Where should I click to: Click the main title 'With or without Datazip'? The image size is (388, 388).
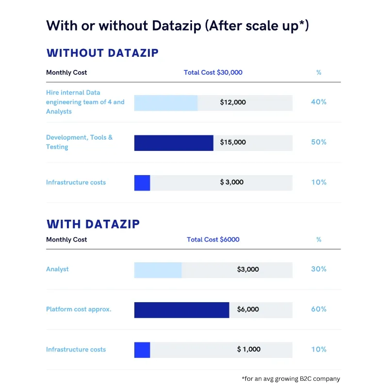[x=178, y=26]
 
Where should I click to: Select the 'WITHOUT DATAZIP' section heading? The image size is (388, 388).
[x=102, y=53]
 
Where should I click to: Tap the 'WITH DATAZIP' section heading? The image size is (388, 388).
[x=93, y=224]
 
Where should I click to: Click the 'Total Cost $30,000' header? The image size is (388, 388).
[x=213, y=73]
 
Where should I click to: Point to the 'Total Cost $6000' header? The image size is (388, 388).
[x=213, y=240]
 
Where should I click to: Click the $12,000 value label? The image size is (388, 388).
[x=233, y=102]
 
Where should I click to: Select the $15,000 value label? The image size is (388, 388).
[x=233, y=143]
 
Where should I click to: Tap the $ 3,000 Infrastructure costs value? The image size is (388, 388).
[x=232, y=182]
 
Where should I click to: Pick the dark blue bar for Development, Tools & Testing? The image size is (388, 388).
[x=174, y=143]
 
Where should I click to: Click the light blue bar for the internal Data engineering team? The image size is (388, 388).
[x=166, y=103]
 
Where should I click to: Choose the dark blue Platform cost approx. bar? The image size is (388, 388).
[x=181, y=309]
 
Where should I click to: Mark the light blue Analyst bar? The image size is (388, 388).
[x=158, y=270]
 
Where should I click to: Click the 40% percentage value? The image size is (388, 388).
[x=319, y=102]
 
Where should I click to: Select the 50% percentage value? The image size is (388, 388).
[x=319, y=143]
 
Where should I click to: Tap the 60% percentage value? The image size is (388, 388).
[x=319, y=309]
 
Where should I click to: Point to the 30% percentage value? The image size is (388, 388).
[x=319, y=269]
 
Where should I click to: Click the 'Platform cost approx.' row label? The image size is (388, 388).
[x=79, y=309]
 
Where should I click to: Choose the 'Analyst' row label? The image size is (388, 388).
[x=57, y=269]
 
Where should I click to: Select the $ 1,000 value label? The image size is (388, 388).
[x=249, y=349]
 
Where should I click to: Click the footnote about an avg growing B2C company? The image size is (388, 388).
[x=291, y=379]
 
